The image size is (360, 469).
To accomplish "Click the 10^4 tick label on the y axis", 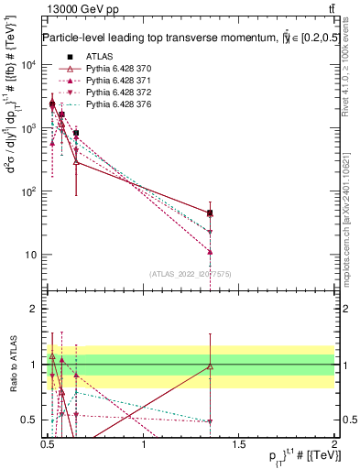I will (28, 65).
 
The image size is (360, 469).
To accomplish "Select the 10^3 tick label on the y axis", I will (28, 128).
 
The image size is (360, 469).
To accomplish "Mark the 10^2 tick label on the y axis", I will (28, 191).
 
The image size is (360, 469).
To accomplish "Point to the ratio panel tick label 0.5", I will (31, 420).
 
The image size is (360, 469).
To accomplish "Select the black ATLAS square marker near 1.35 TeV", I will (211, 213).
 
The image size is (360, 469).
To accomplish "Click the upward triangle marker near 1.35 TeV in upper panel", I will (211, 251).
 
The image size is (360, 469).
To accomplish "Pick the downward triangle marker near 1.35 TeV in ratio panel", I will (211, 421).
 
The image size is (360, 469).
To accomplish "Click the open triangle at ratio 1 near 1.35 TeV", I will (211, 366).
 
